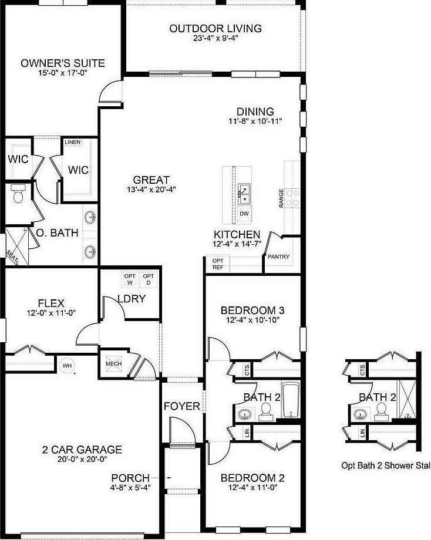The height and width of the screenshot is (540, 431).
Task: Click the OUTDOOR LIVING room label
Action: (215, 28)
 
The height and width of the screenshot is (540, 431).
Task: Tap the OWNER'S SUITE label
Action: (63, 63)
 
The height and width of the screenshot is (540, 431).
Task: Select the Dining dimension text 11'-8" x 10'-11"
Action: (255, 122)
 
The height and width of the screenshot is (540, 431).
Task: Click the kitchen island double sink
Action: (244, 194)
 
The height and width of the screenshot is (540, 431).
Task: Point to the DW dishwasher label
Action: (244, 214)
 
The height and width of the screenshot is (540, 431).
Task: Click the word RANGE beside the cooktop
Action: (281, 198)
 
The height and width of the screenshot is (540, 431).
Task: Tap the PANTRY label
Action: (278, 256)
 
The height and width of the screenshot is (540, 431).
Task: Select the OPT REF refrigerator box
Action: (218, 264)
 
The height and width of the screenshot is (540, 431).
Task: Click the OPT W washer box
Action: (130, 279)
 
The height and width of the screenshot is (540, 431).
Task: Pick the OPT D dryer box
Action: (149, 279)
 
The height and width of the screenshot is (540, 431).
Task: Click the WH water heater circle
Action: (67, 366)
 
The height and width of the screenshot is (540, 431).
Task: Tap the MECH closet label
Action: (113, 364)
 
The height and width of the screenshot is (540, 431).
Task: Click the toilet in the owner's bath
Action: (18, 193)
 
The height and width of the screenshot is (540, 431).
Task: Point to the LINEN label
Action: (73, 142)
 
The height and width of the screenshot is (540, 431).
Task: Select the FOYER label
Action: (182, 406)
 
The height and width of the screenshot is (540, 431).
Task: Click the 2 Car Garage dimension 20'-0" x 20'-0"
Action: (83, 459)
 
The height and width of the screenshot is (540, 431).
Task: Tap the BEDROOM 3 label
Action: (252, 310)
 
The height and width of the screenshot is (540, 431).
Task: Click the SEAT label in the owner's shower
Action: (12, 256)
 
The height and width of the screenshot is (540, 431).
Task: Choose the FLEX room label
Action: (51, 303)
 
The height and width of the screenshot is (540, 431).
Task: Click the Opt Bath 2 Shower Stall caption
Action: (386, 465)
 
